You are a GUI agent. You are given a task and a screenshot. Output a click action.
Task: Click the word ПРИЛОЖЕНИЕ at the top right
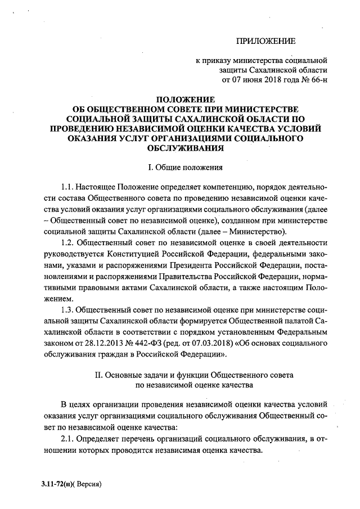[265, 40]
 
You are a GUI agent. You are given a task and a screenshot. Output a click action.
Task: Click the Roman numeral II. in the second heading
[103, 373]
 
